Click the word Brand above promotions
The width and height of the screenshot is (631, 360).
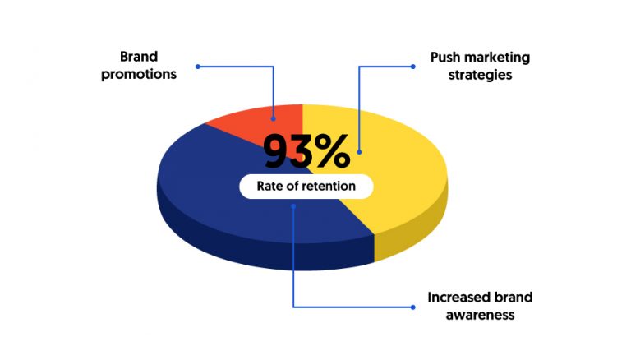pyautogui.click(x=139, y=57)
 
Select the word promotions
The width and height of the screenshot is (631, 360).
pyautogui.click(x=139, y=75)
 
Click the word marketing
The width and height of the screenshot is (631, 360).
pyautogui.click(x=495, y=58)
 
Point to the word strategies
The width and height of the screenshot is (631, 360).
pyautogui.click(x=480, y=75)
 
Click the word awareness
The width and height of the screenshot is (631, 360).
pyautogui.click(x=480, y=315)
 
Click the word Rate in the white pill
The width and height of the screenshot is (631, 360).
pyautogui.click(x=268, y=186)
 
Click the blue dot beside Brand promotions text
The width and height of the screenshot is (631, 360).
pyautogui.click(x=197, y=67)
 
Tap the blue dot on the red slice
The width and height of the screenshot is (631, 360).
pyautogui.click(x=274, y=119)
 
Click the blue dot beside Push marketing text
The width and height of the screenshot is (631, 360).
pyautogui.click(x=413, y=67)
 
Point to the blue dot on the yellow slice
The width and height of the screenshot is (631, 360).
pyautogui.click(x=359, y=152)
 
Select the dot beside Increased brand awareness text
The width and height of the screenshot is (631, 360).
pyautogui.click(x=413, y=307)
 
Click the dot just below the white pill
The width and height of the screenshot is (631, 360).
pyautogui.click(x=293, y=206)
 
